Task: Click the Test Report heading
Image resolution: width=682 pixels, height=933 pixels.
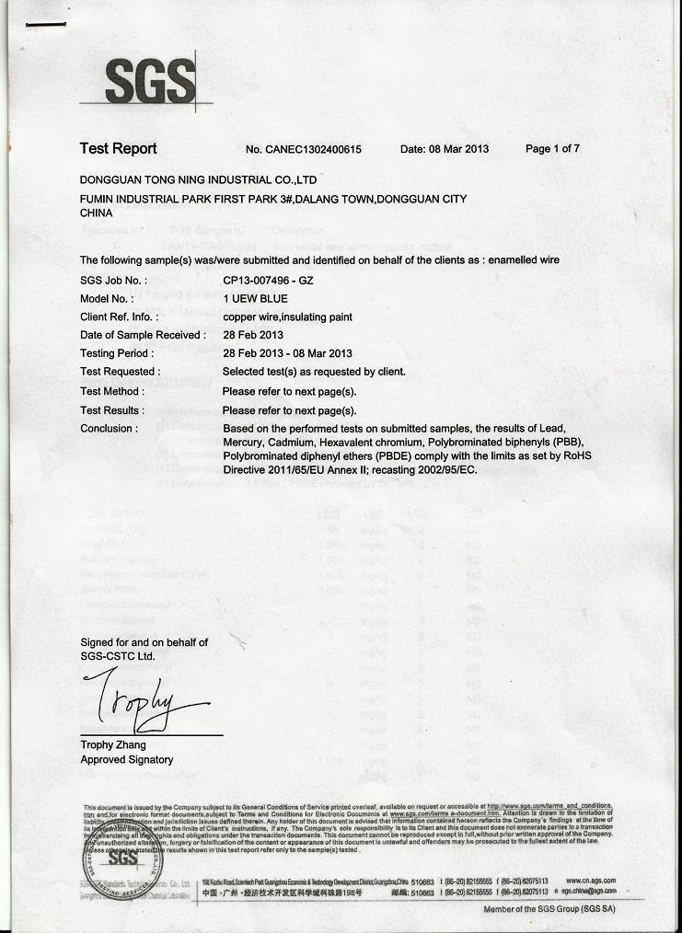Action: pos(118,149)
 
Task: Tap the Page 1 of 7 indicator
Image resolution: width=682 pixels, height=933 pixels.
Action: pos(552,149)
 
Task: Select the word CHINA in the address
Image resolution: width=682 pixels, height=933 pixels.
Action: pos(97,213)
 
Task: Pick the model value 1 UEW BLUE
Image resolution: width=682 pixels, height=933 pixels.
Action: pos(255,298)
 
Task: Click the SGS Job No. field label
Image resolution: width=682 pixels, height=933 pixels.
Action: pos(113,280)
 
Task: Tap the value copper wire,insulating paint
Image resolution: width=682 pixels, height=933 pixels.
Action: pos(287,317)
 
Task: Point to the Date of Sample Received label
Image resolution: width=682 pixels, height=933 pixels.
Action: pos(143,335)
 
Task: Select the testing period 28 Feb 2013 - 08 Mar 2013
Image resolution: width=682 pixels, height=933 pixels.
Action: pos(287,353)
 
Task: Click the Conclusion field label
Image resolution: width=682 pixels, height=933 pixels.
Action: pos(109,429)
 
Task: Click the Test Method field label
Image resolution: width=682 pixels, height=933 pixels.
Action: pos(111,391)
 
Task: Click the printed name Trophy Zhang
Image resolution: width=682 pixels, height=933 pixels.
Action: pos(113,744)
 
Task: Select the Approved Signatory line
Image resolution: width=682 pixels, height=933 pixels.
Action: pos(126,760)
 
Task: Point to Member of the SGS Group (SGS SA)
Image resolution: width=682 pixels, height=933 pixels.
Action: pos(549,909)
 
